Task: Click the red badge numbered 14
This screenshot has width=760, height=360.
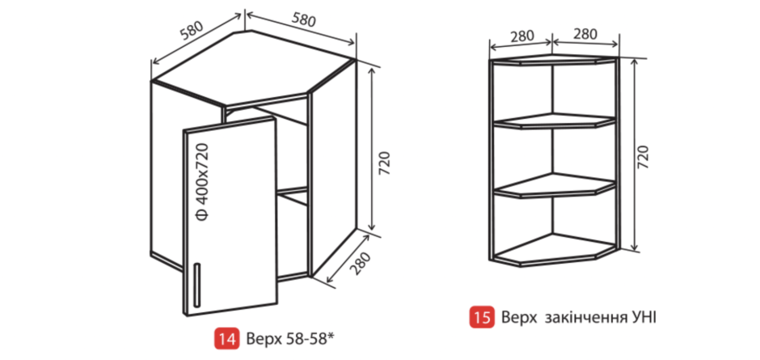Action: coord(226,338)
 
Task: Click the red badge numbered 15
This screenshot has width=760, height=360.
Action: coord(482,318)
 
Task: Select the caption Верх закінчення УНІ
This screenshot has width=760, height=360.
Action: coord(579,318)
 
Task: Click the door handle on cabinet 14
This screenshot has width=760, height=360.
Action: coord(196,286)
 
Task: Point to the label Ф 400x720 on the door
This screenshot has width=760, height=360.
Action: coord(203,182)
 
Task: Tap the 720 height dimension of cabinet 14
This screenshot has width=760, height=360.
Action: coord(386,164)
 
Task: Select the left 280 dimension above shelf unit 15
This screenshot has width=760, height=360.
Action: coord(521,36)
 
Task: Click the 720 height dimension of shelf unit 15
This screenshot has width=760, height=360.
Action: coord(643,157)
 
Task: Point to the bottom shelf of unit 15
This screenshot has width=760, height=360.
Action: coord(555,251)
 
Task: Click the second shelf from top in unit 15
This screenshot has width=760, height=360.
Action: coord(555,121)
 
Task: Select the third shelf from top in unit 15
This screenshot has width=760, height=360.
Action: coord(555,186)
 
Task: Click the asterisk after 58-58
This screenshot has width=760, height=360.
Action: coord(332,335)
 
